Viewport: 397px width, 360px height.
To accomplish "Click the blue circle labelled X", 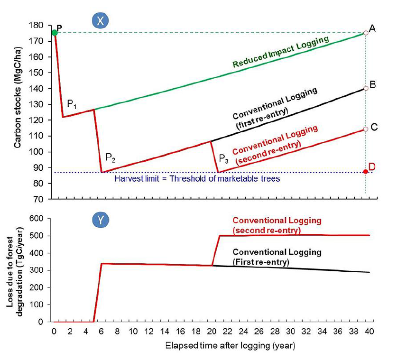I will [x=101, y=20].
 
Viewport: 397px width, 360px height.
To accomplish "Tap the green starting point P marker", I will [x=55, y=33].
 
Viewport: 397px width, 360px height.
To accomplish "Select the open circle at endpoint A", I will [x=366, y=33].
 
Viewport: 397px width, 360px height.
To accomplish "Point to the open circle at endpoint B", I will [x=366, y=88].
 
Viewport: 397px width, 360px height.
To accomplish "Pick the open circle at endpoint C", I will [x=366, y=129].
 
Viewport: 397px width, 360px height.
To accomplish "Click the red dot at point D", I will [x=365, y=172].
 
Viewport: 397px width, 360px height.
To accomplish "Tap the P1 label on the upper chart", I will [x=73, y=104].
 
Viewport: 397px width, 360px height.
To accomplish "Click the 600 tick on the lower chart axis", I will [x=37, y=219].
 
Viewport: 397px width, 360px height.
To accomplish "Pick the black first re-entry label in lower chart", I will [x=277, y=256].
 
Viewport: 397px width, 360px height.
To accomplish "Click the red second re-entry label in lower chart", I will [x=277, y=224].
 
